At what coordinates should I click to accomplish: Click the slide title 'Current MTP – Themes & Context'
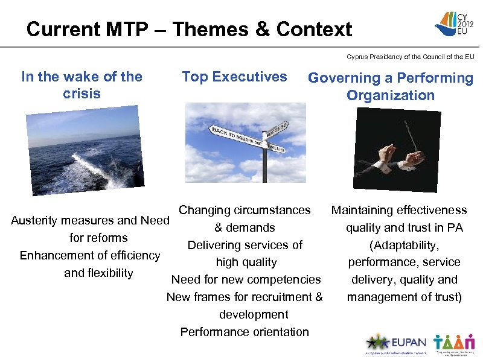click(189, 29)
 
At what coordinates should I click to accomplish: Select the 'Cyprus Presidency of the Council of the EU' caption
click(410, 57)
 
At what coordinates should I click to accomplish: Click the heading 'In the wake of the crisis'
click(82, 85)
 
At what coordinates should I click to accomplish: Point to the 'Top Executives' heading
click(234, 77)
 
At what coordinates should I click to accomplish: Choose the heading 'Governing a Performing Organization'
click(391, 86)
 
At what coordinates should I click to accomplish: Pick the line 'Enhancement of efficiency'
click(90, 255)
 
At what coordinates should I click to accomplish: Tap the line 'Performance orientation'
click(245, 332)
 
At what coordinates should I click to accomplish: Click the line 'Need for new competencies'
click(246, 279)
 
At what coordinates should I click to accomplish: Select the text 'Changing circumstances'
click(245, 210)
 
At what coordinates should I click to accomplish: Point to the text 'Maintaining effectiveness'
click(398, 210)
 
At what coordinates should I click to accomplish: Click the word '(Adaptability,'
click(404, 245)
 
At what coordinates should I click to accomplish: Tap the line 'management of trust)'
click(404, 297)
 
